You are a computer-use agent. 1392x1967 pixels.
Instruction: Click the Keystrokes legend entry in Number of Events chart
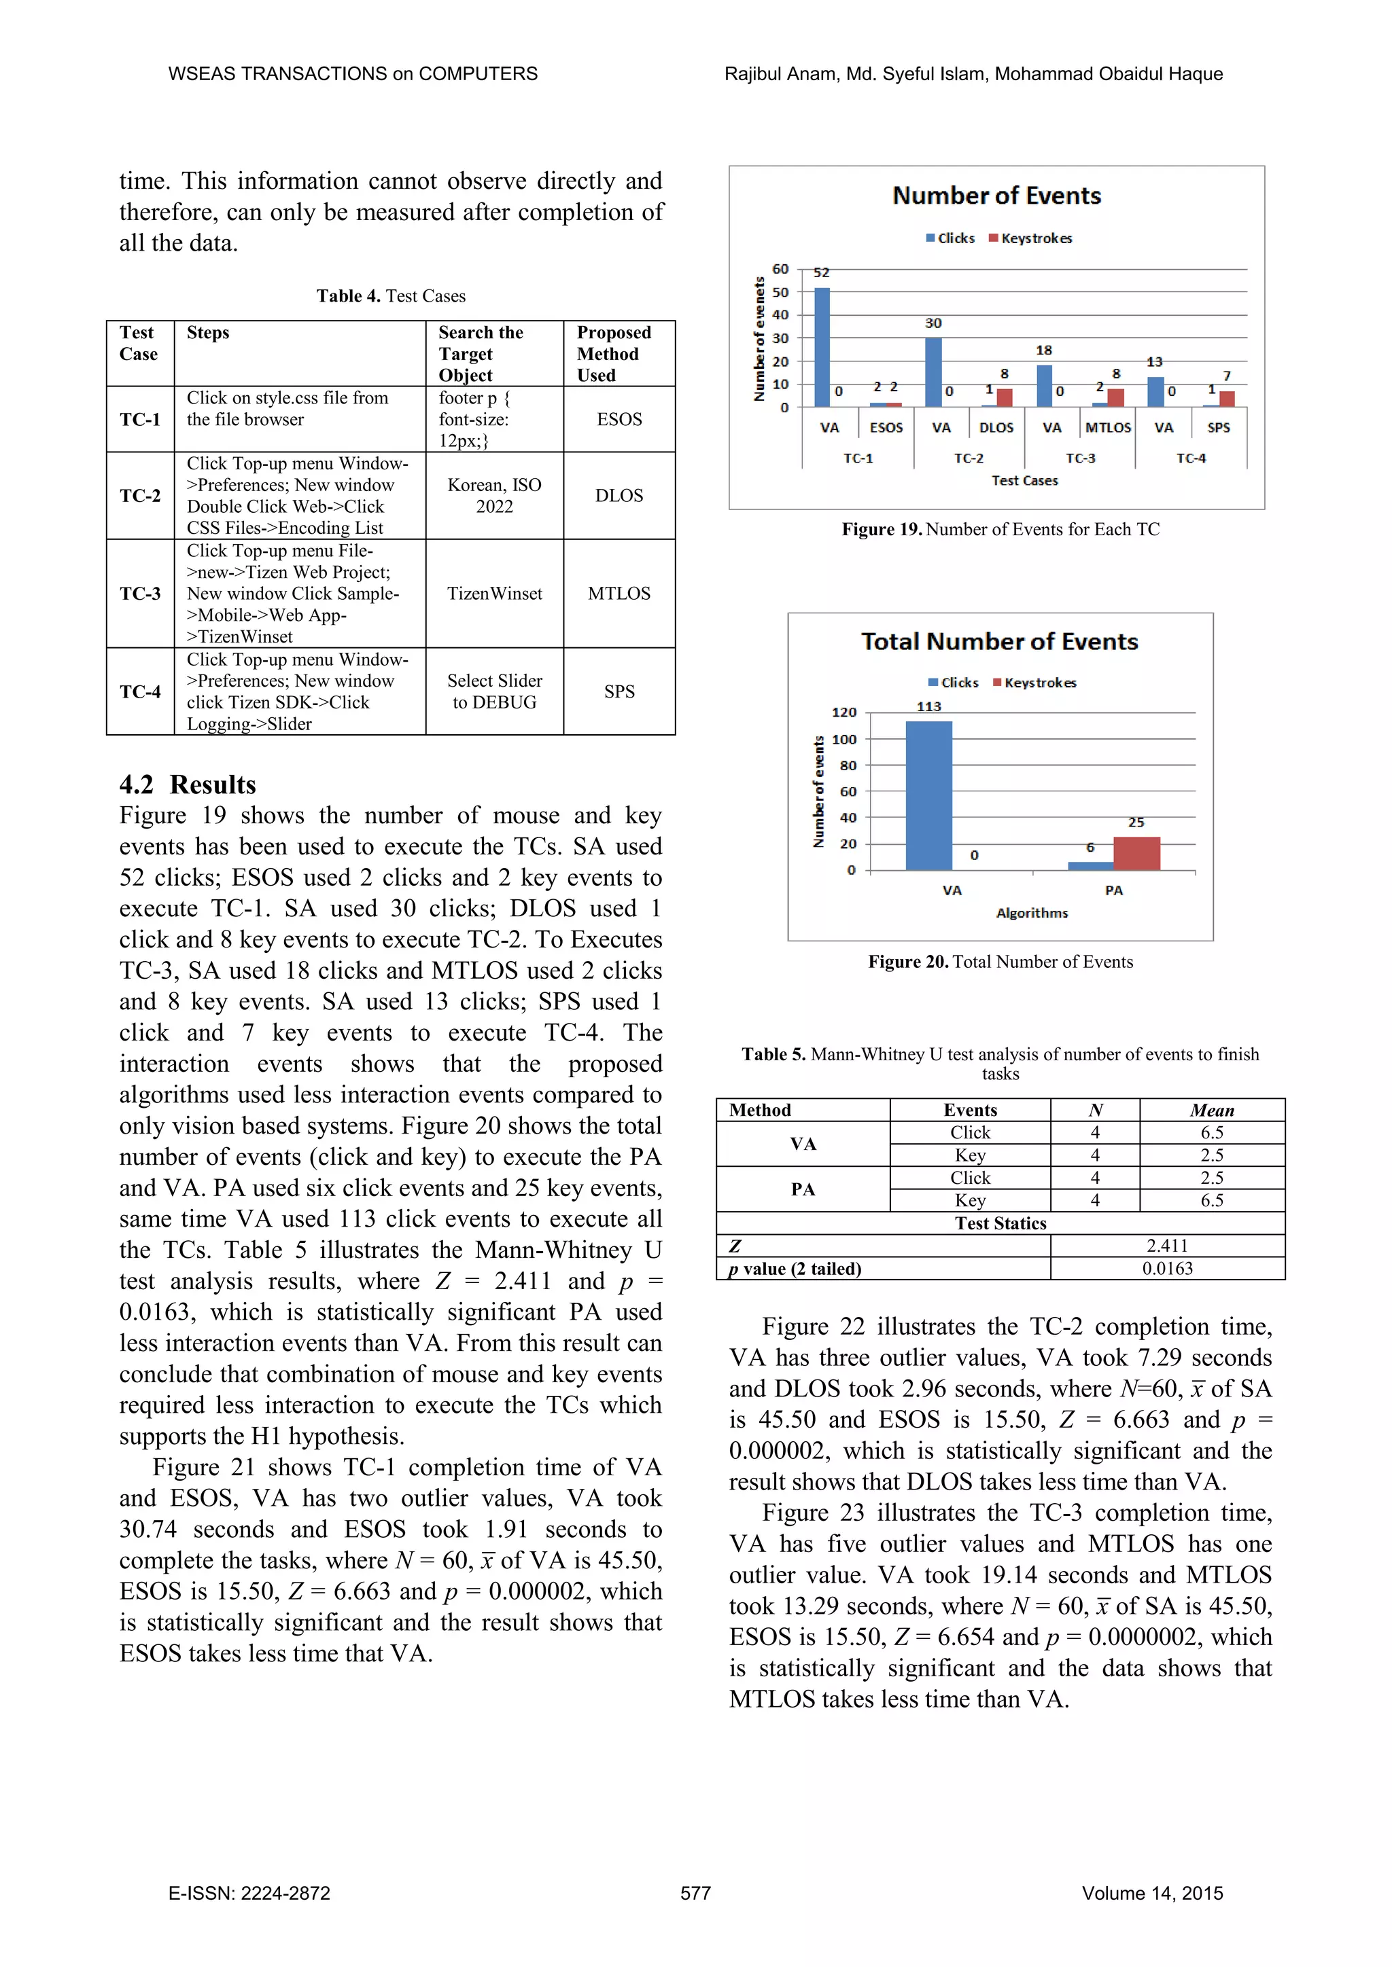pos(1030,238)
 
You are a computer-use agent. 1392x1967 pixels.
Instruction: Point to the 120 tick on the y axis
pos(843,712)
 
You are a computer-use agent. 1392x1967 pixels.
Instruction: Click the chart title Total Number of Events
pos(999,642)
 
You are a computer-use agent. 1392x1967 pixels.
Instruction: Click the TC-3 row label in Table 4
pos(140,594)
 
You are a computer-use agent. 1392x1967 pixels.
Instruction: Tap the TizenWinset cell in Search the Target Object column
pos(495,594)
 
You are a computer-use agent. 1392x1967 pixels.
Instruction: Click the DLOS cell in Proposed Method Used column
pos(619,496)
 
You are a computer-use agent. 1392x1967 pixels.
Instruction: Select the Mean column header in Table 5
pos(1211,1111)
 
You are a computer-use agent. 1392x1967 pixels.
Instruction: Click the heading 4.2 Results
pos(188,784)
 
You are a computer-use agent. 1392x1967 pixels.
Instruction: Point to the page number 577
pos(695,1894)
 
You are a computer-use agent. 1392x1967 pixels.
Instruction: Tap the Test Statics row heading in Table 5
pos(1000,1223)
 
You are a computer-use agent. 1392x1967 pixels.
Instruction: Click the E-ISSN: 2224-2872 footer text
pos(249,1894)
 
